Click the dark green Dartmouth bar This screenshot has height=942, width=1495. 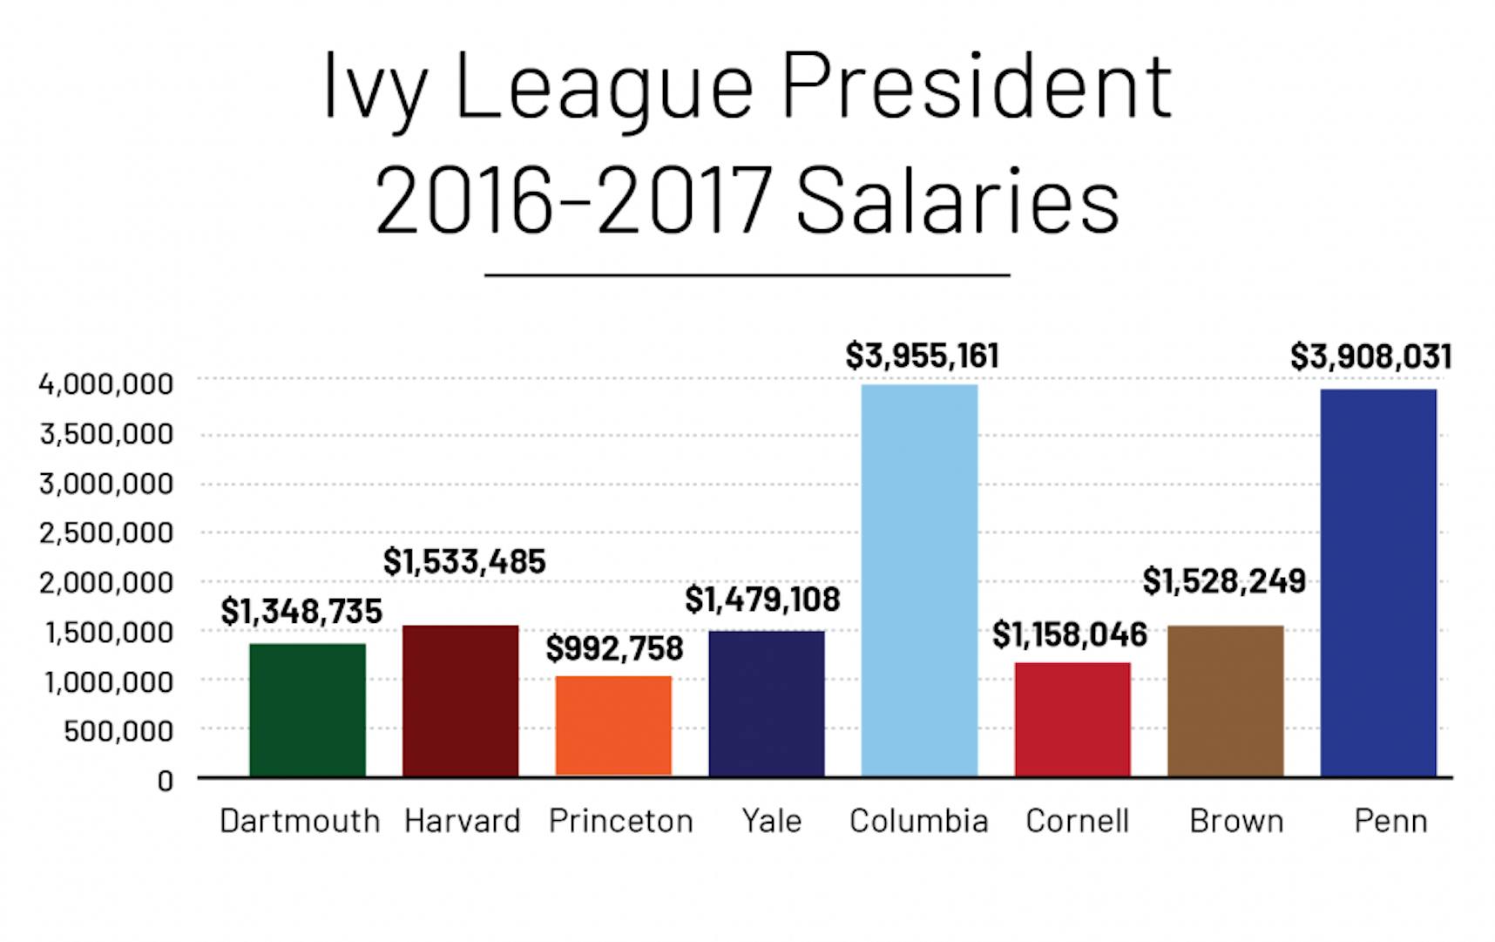(x=307, y=709)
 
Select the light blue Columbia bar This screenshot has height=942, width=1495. (x=919, y=580)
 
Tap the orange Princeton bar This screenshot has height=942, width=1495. (x=613, y=725)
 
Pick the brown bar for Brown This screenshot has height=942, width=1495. (x=1225, y=701)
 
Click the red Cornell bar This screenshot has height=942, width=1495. (x=1072, y=719)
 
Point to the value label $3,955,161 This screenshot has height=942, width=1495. (x=922, y=356)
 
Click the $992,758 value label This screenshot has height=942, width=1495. (x=614, y=648)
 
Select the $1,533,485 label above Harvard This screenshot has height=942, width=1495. (x=464, y=562)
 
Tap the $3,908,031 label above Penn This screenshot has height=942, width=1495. (x=1370, y=356)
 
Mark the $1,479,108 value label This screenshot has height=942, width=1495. (x=762, y=600)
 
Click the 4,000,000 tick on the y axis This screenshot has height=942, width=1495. (x=106, y=383)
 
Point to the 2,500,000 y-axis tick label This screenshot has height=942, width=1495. (x=106, y=532)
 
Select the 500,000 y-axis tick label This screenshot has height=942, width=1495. (x=118, y=731)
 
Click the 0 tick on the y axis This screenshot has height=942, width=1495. (x=165, y=781)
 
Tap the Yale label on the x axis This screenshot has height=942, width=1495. (x=771, y=821)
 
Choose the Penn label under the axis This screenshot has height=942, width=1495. (x=1390, y=821)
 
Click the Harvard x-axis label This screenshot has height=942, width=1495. (x=462, y=821)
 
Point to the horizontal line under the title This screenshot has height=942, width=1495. (x=747, y=275)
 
